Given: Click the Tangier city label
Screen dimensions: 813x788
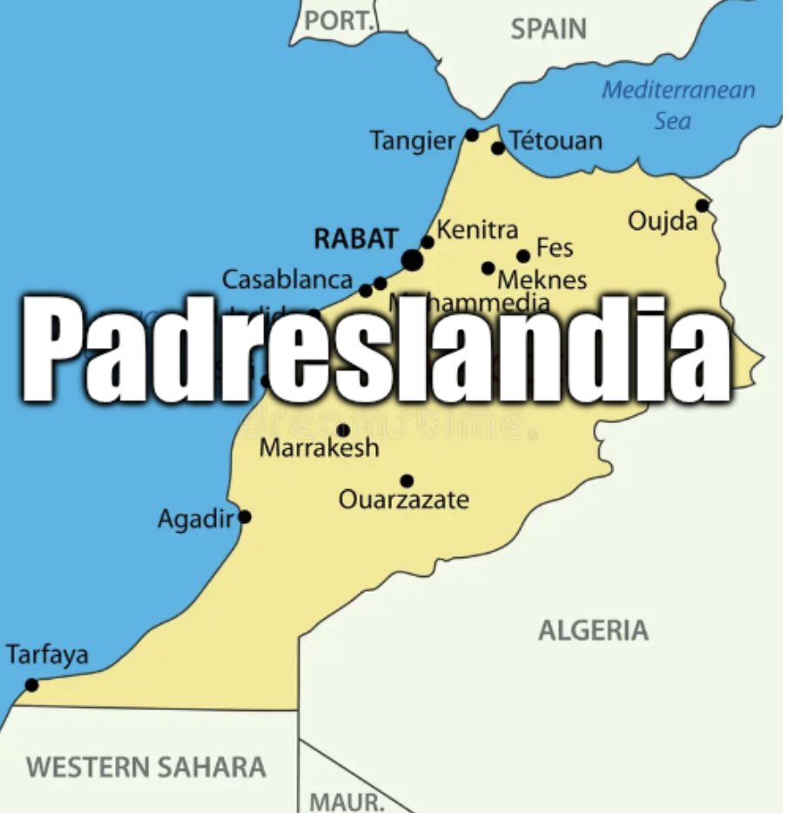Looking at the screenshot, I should pyautogui.click(x=412, y=140).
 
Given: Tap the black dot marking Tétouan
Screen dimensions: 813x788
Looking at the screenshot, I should pyautogui.click(x=498, y=148).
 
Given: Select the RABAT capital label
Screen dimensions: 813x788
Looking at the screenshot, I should pyautogui.click(x=355, y=239).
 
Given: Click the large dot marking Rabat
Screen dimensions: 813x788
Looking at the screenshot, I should pyautogui.click(x=413, y=259).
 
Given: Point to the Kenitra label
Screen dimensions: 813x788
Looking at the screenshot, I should pyautogui.click(x=477, y=230).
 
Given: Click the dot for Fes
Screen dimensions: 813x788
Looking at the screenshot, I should pyautogui.click(x=523, y=256).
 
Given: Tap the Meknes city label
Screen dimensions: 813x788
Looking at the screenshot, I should pyautogui.click(x=542, y=280).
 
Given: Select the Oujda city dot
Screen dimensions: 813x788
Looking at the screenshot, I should pyautogui.click(x=702, y=205).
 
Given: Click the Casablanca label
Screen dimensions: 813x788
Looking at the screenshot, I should pyautogui.click(x=287, y=280).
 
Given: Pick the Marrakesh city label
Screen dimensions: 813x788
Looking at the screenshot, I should pyautogui.click(x=320, y=448).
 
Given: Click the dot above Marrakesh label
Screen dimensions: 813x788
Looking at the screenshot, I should pyautogui.click(x=343, y=430).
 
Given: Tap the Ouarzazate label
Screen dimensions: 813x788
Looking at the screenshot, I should pyautogui.click(x=403, y=500).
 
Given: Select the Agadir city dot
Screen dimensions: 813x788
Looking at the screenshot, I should pyautogui.click(x=245, y=517).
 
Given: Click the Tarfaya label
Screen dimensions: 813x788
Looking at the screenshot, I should pyautogui.click(x=47, y=655).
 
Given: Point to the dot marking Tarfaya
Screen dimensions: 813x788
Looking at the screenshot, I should pyautogui.click(x=32, y=685).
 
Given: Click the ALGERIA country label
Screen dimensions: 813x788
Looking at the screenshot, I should pyautogui.click(x=593, y=630).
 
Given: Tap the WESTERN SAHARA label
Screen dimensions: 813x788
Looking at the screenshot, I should pyautogui.click(x=145, y=767).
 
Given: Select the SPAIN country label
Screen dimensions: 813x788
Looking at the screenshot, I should pyautogui.click(x=549, y=29).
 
